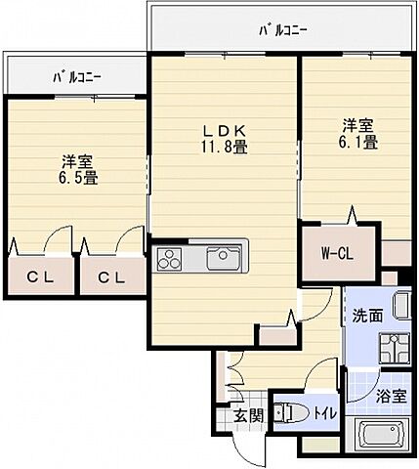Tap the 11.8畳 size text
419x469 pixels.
[223, 148]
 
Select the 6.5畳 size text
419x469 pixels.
[76, 179]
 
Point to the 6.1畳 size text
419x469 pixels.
[358, 143]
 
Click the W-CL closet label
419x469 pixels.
[338, 254]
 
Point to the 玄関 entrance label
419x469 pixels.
[248, 416]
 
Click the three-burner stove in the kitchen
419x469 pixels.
[170, 259]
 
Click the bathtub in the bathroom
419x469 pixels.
[382, 436]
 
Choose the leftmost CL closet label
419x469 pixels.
[40, 277]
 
